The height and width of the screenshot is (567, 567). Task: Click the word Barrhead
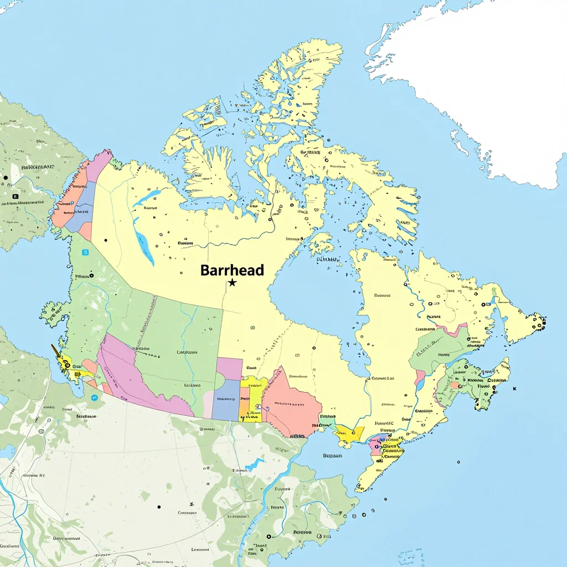click(232, 270)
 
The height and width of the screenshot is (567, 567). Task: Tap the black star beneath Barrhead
click(233, 283)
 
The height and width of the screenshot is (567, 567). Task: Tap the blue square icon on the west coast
click(85, 252)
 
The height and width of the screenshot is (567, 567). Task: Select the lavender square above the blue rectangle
click(229, 368)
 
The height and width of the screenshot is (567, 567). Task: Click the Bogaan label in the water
click(332, 456)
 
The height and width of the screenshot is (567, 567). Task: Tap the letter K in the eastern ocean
click(514, 389)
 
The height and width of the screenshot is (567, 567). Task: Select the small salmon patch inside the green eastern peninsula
click(454, 385)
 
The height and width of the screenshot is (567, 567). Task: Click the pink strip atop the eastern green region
click(451, 330)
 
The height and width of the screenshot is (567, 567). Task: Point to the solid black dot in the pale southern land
click(159, 506)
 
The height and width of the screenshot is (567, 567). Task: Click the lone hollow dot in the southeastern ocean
click(459, 461)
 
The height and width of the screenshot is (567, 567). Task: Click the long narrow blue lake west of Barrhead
click(145, 248)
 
